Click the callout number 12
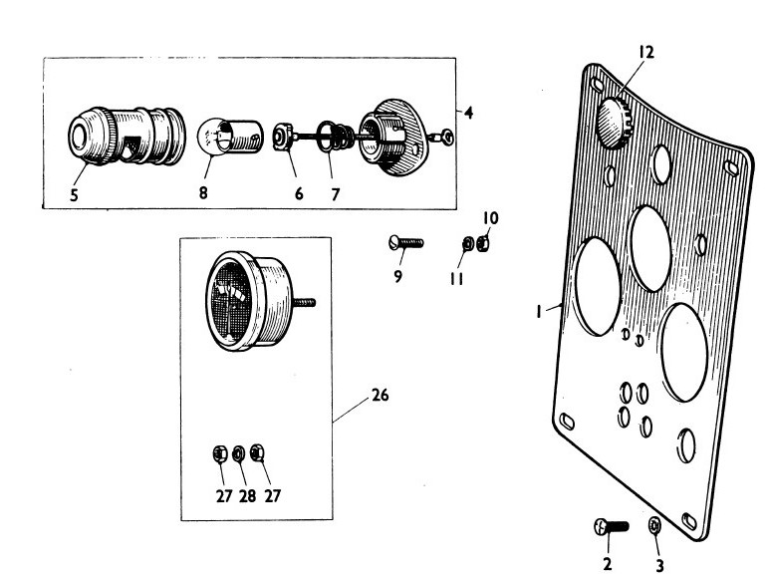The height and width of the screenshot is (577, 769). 645,52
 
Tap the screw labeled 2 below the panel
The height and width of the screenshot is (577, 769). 609,527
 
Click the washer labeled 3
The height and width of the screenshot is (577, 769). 654,526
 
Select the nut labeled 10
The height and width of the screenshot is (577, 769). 481,242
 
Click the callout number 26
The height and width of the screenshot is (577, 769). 379,396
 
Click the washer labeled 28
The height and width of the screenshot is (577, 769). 239,454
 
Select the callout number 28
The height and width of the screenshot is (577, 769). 247,496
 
